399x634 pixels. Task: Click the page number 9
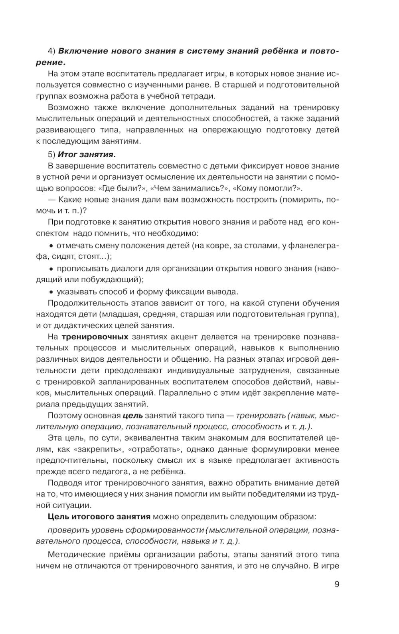pos(336,584)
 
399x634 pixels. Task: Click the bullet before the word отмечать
pos(51,246)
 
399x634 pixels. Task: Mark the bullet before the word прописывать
pos(51,269)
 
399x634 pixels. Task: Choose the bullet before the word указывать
pos(51,291)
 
